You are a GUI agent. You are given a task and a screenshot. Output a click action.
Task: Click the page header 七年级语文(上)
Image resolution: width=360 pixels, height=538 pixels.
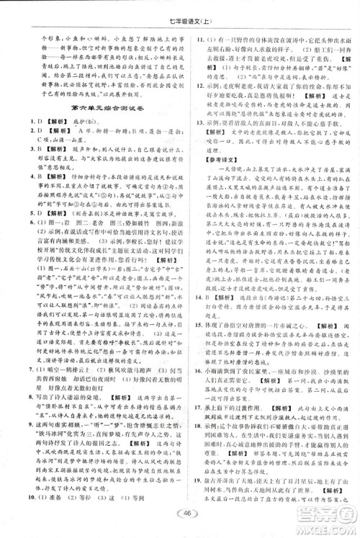(180, 14)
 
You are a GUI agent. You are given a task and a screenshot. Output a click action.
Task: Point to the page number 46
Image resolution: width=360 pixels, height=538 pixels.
(180, 513)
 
